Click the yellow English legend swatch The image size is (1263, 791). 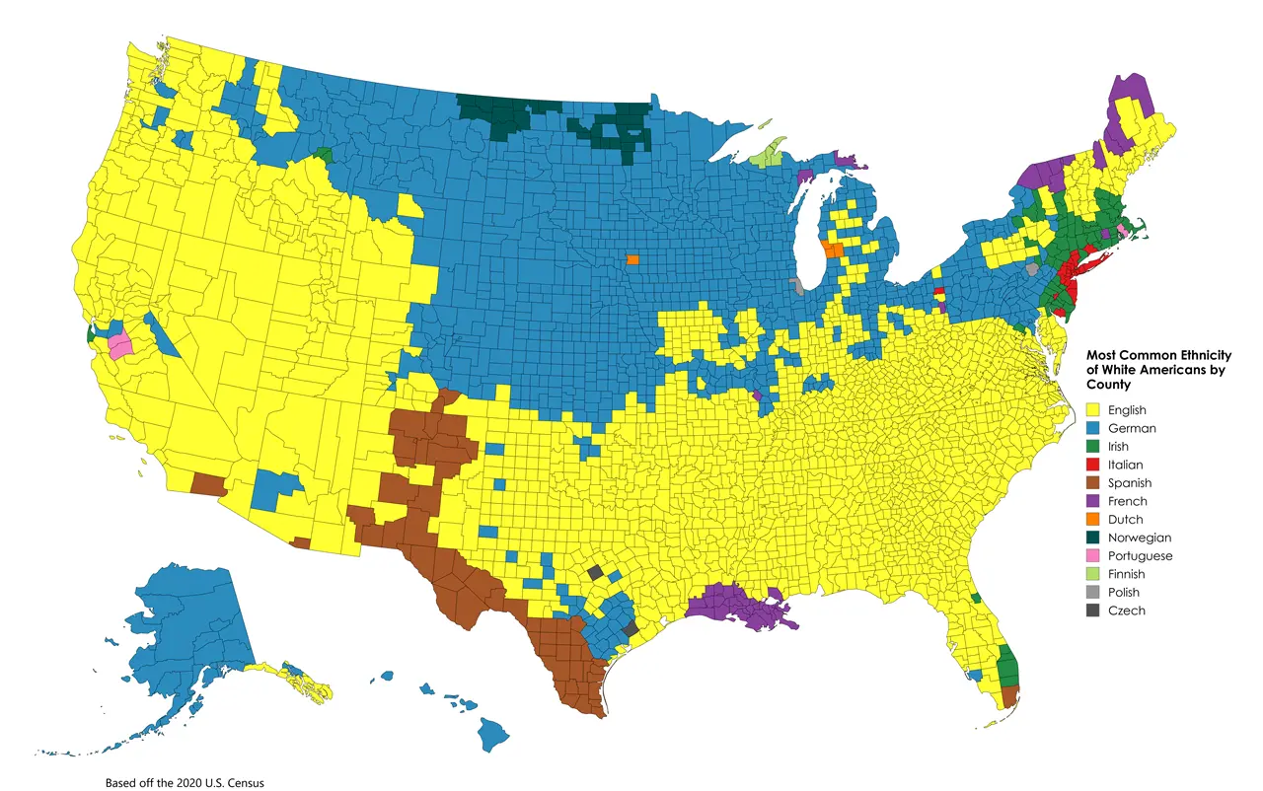click(1093, 409)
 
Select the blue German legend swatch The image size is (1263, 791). click(1093, 428)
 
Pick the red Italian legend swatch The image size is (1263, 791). click(1093, 465)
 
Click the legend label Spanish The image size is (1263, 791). click(1129, 483)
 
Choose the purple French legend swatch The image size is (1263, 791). click(1093, 501)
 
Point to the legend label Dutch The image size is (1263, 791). click(1125, 520)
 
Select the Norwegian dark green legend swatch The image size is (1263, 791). click(1093, 538)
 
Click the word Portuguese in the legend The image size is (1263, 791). click(1140, 556)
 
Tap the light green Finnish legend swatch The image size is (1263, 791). click(1093, 574)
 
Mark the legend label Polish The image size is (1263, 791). click(1123, 593)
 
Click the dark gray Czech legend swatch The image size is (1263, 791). click(1093, 611)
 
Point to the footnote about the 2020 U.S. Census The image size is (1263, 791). click(185, 782)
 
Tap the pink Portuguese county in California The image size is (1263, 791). click(120, 347)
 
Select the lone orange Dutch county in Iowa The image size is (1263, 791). click(631, 260)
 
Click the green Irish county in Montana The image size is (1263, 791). click(325, 155)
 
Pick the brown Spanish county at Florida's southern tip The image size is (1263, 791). click(1009, 696)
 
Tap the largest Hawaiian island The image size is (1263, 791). click(494, 734)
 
